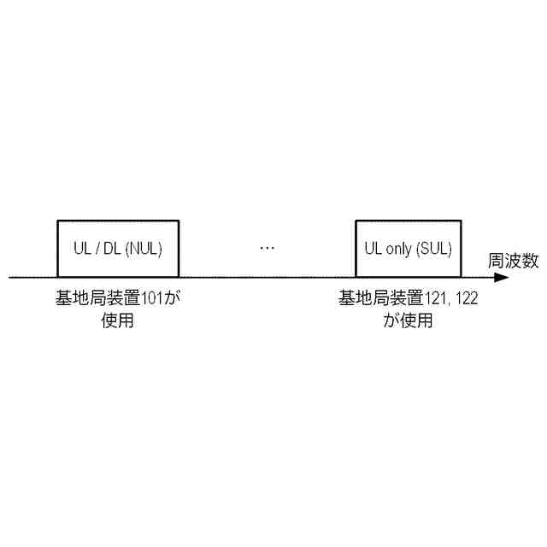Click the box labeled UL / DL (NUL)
(x=118, y=249)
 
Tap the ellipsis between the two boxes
(x=267, y=249)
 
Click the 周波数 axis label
(x=513, y=262)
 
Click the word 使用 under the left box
(x=118, y=321)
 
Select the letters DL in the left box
(x=112, y=249)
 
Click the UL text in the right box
(x=373, y=249)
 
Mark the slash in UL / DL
(x=97, y=249)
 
